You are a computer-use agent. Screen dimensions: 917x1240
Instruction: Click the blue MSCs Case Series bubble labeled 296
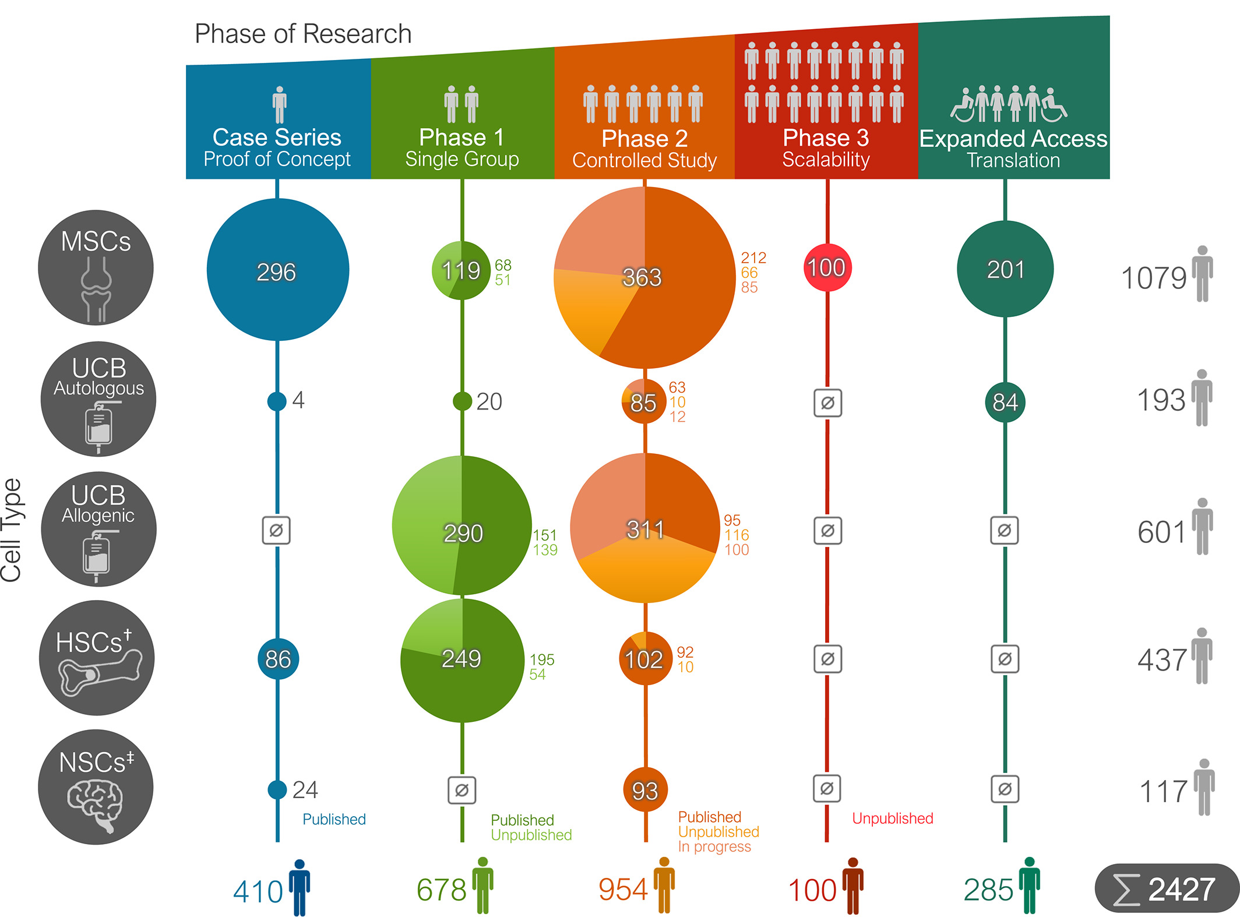coord(277,270)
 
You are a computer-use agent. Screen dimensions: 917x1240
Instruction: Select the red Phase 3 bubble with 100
coord(827,267)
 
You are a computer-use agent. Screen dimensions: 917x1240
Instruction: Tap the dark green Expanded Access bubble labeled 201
coord(1005,269)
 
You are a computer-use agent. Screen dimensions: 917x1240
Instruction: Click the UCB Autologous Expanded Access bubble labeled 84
coord(1005,402)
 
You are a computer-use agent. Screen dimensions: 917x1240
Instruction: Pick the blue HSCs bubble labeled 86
coord(278,659)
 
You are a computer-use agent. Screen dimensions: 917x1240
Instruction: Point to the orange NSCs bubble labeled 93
coord(645,790)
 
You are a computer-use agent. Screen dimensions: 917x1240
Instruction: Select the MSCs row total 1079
coord(1154,278)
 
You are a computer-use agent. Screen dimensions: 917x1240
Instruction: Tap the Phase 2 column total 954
coord(623,890)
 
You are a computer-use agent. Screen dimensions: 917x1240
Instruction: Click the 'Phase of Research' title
coord(303,34)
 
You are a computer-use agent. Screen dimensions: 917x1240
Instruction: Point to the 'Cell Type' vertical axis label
coord(12,530)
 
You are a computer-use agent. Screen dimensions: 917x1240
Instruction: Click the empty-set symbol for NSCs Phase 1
coord(462,790)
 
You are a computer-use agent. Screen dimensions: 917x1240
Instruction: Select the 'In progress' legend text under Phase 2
coord(714,847)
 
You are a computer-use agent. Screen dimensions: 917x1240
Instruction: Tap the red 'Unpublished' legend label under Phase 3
coord(892,819)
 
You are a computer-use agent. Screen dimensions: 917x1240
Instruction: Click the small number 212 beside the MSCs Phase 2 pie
coord(753,258)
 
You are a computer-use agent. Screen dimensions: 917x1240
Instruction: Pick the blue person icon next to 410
coord(300,887)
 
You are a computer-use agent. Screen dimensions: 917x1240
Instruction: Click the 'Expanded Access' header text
coord(1013,139)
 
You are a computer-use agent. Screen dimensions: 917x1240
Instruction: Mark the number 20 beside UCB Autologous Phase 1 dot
coord(489,401)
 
